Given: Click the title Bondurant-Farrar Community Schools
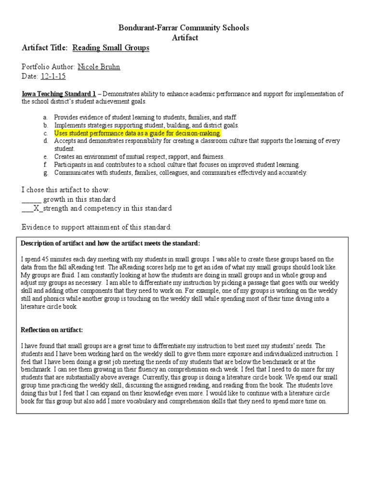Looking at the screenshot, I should pyautogui.click(x=185, y=28).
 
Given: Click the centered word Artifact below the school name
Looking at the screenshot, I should pyautogui.click(x=185, y=38).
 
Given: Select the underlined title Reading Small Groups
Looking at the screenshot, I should pyautogui.click(x=111, y=48).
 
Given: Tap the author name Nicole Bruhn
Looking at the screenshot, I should pyautogui.click(x=99, y=67).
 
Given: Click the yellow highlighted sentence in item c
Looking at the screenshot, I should pyautogui.click(x=137, y=133).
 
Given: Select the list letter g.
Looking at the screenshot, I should pyautogui.click(x=45, y=172).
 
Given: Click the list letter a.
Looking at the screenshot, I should pyautogui.click(x=45, y=117).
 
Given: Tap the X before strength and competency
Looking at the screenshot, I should pyautogui.click(x=35, y=208).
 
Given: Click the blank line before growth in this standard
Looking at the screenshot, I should pyautogui.click(x=32, y=199).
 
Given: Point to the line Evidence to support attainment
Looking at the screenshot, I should pyautogui.click(x=96, y=227).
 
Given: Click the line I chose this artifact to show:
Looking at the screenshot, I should pyautogui.click(x=66, y=190).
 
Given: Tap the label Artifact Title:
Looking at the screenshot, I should pyautogui.click(x=45, y=48).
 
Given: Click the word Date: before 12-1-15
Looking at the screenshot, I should pyautogui.click(x=30, y=77).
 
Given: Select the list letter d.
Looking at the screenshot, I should pyautogui.click(x=45, y=141).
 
